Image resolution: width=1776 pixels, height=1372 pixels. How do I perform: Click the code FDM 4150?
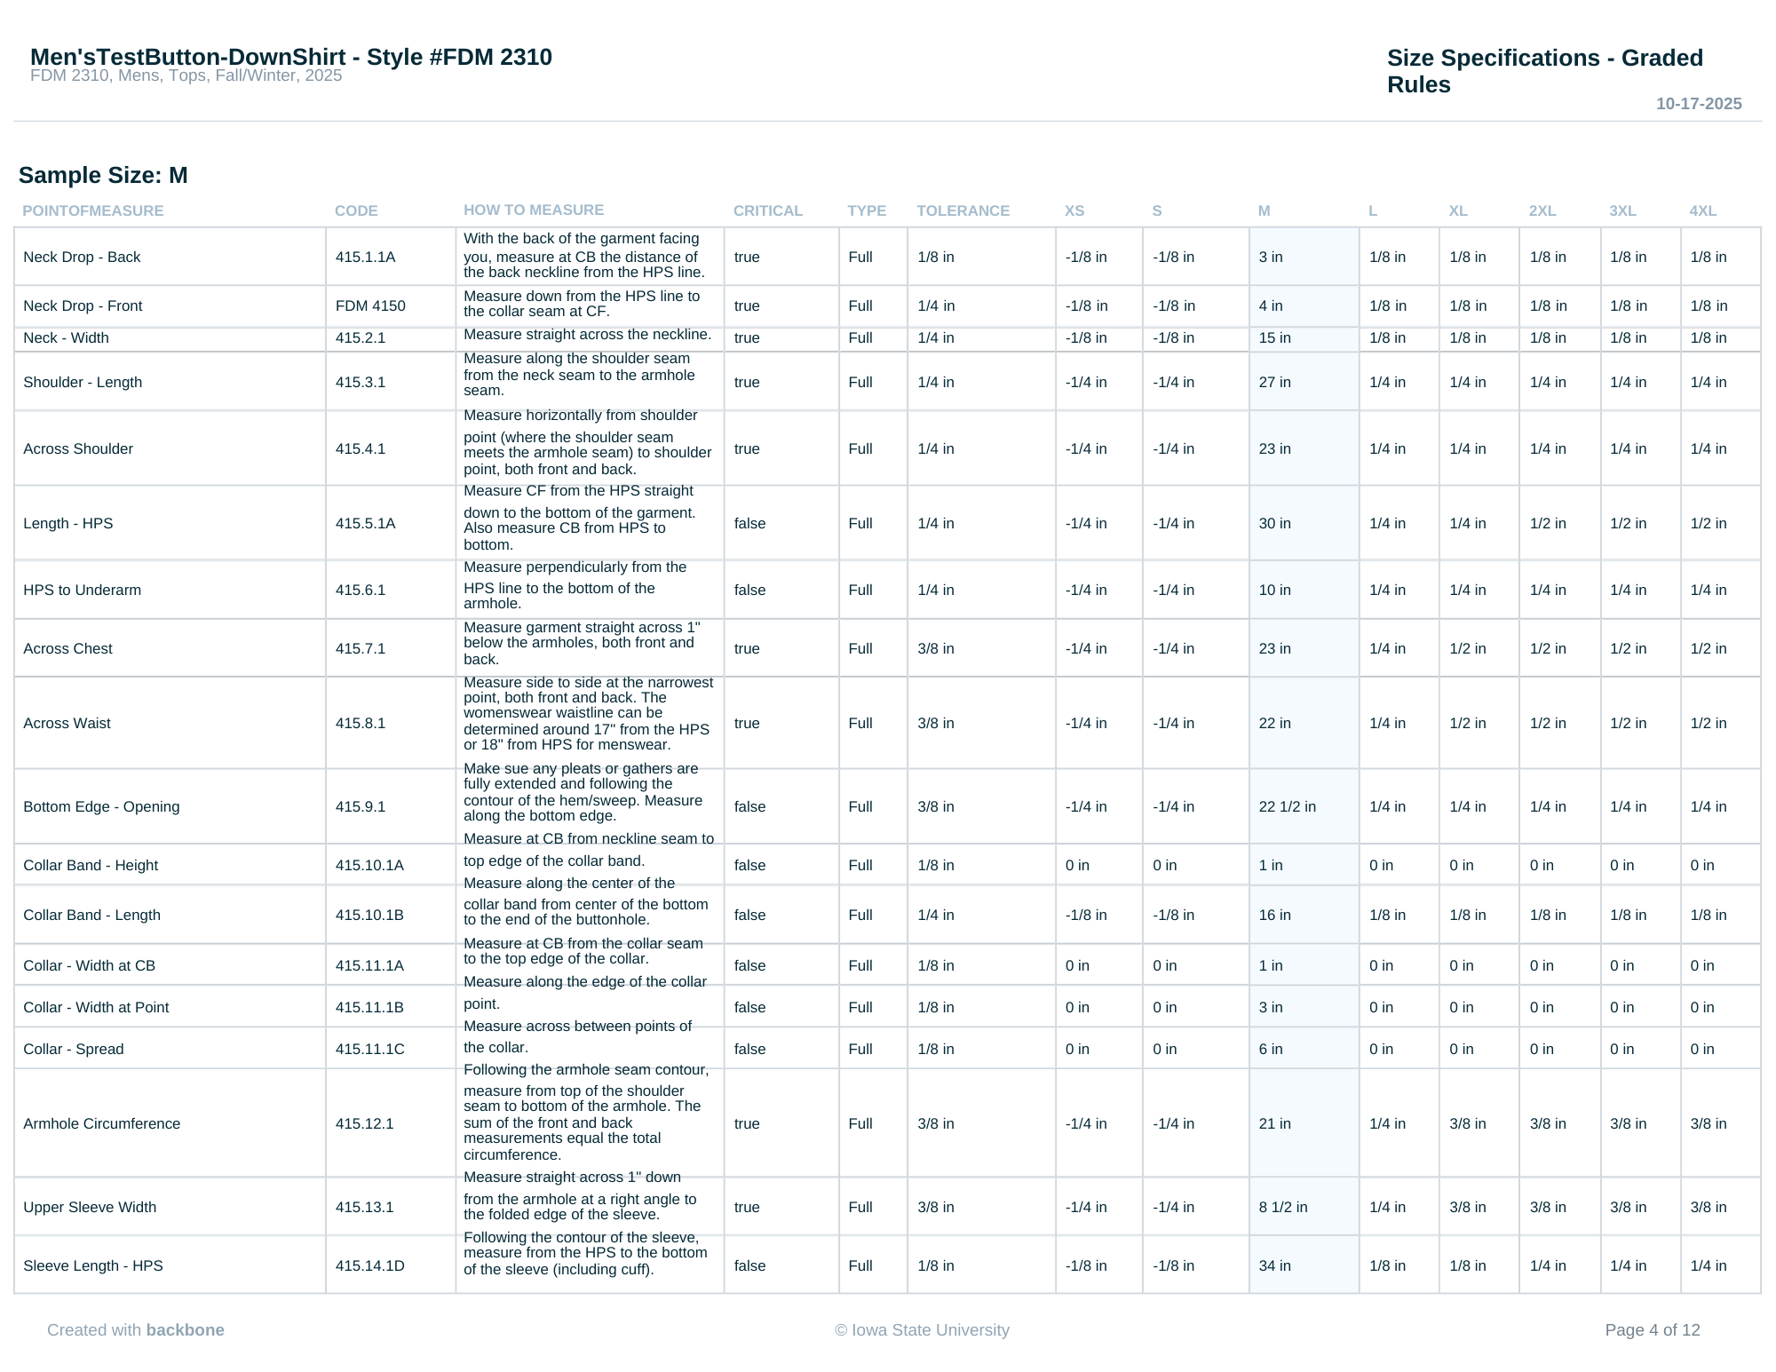point(370,305)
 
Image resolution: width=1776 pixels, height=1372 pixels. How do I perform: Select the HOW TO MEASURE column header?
point(533,210)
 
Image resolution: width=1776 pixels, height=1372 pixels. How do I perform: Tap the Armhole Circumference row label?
point(101,1123)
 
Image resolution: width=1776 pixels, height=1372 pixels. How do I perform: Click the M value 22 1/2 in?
point(1287,806)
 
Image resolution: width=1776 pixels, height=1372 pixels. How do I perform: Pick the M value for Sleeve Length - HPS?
point(1274,1265)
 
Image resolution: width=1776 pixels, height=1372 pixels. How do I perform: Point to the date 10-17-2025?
point(1698,104)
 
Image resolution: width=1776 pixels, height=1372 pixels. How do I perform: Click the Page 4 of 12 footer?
point(1652,1329)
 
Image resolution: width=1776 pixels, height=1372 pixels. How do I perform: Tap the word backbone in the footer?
point(185,1329)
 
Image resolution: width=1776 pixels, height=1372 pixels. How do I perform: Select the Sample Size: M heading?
point(103,175)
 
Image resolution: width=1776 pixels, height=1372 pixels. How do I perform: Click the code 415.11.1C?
point(369,1049)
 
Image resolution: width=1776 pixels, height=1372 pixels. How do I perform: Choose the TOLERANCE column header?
point(963,210)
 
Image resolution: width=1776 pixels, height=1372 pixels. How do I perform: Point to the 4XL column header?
point(1702,210)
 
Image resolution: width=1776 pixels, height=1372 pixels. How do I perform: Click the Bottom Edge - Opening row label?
point(101,806)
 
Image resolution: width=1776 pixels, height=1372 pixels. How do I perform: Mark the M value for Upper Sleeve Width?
point(1282,1207)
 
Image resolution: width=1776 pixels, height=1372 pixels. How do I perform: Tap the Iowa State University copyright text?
point(922,1329)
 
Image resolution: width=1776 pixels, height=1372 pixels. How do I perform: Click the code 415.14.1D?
point(369,1265)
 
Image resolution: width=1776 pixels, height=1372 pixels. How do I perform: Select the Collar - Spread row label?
point(73,1049)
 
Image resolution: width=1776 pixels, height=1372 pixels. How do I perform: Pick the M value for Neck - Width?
point(1274,337)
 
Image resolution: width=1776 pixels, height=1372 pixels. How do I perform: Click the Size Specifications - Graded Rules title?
point(1544,71)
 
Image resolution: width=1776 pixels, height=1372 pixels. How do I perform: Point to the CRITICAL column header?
point(767,210)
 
